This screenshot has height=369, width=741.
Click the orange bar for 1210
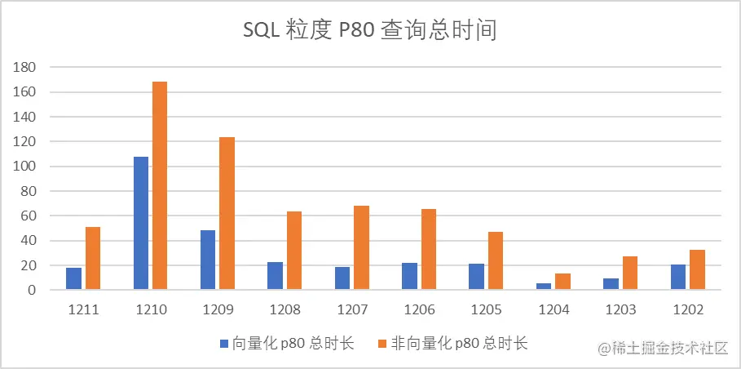tap(160, 185)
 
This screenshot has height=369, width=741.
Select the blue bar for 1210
tap(141, 223)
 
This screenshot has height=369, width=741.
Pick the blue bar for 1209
tap(208, 260)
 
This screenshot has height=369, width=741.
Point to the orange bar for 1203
tap(629, 273)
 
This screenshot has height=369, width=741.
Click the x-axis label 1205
tap(487, 311)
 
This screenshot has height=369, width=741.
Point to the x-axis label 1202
tap(687, 311)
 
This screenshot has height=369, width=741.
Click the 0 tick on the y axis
tap(32, 290)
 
